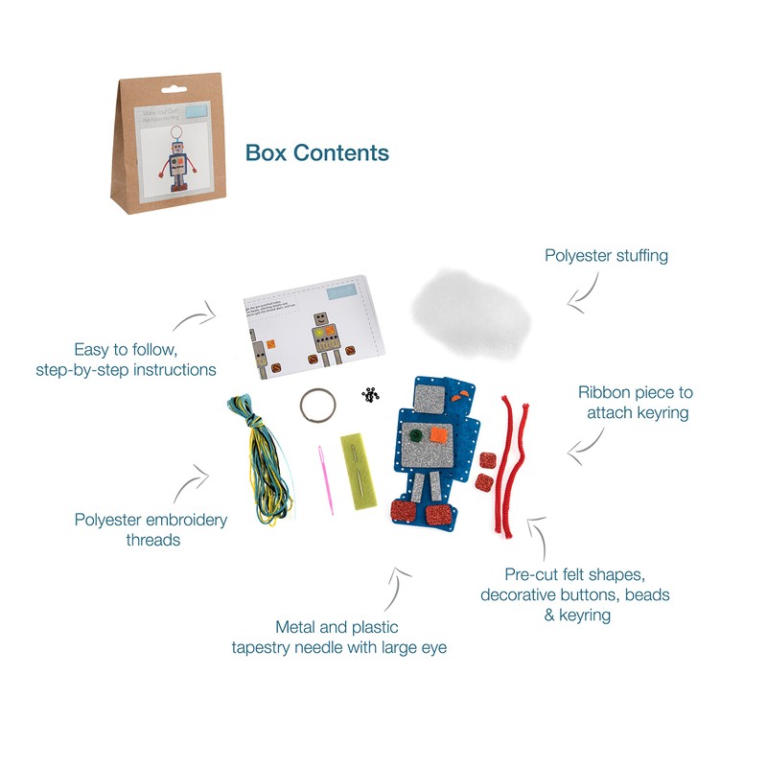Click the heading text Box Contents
(x=317, y=152)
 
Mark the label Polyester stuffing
(x=606, y=256)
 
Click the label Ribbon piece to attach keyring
(x=635, y=402)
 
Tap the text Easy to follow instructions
(x=145, y=360)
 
